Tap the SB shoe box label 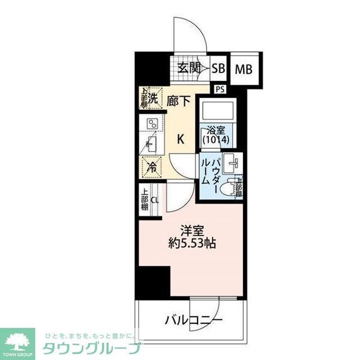218,68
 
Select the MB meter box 243,68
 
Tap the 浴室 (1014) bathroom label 215,135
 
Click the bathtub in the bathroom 215,111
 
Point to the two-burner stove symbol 152,124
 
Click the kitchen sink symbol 151,145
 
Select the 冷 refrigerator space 152,168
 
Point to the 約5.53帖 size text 193,244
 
